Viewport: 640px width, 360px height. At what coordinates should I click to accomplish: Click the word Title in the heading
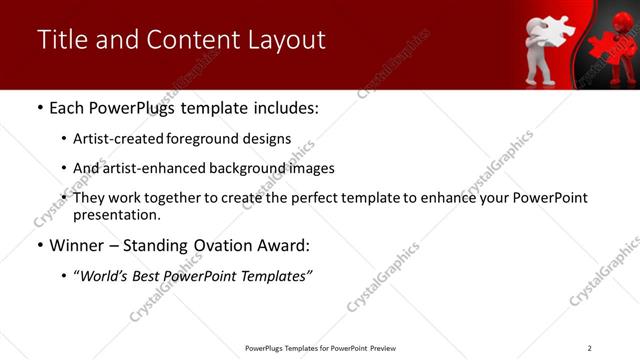coord(58,40)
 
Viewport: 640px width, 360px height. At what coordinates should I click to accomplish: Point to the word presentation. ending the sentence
coord(117,214)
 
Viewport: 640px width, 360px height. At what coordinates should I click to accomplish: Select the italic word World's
coord(106,275)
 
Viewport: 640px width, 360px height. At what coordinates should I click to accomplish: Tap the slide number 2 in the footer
coord(589,348)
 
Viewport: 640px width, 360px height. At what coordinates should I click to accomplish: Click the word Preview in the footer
coord(384,348)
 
